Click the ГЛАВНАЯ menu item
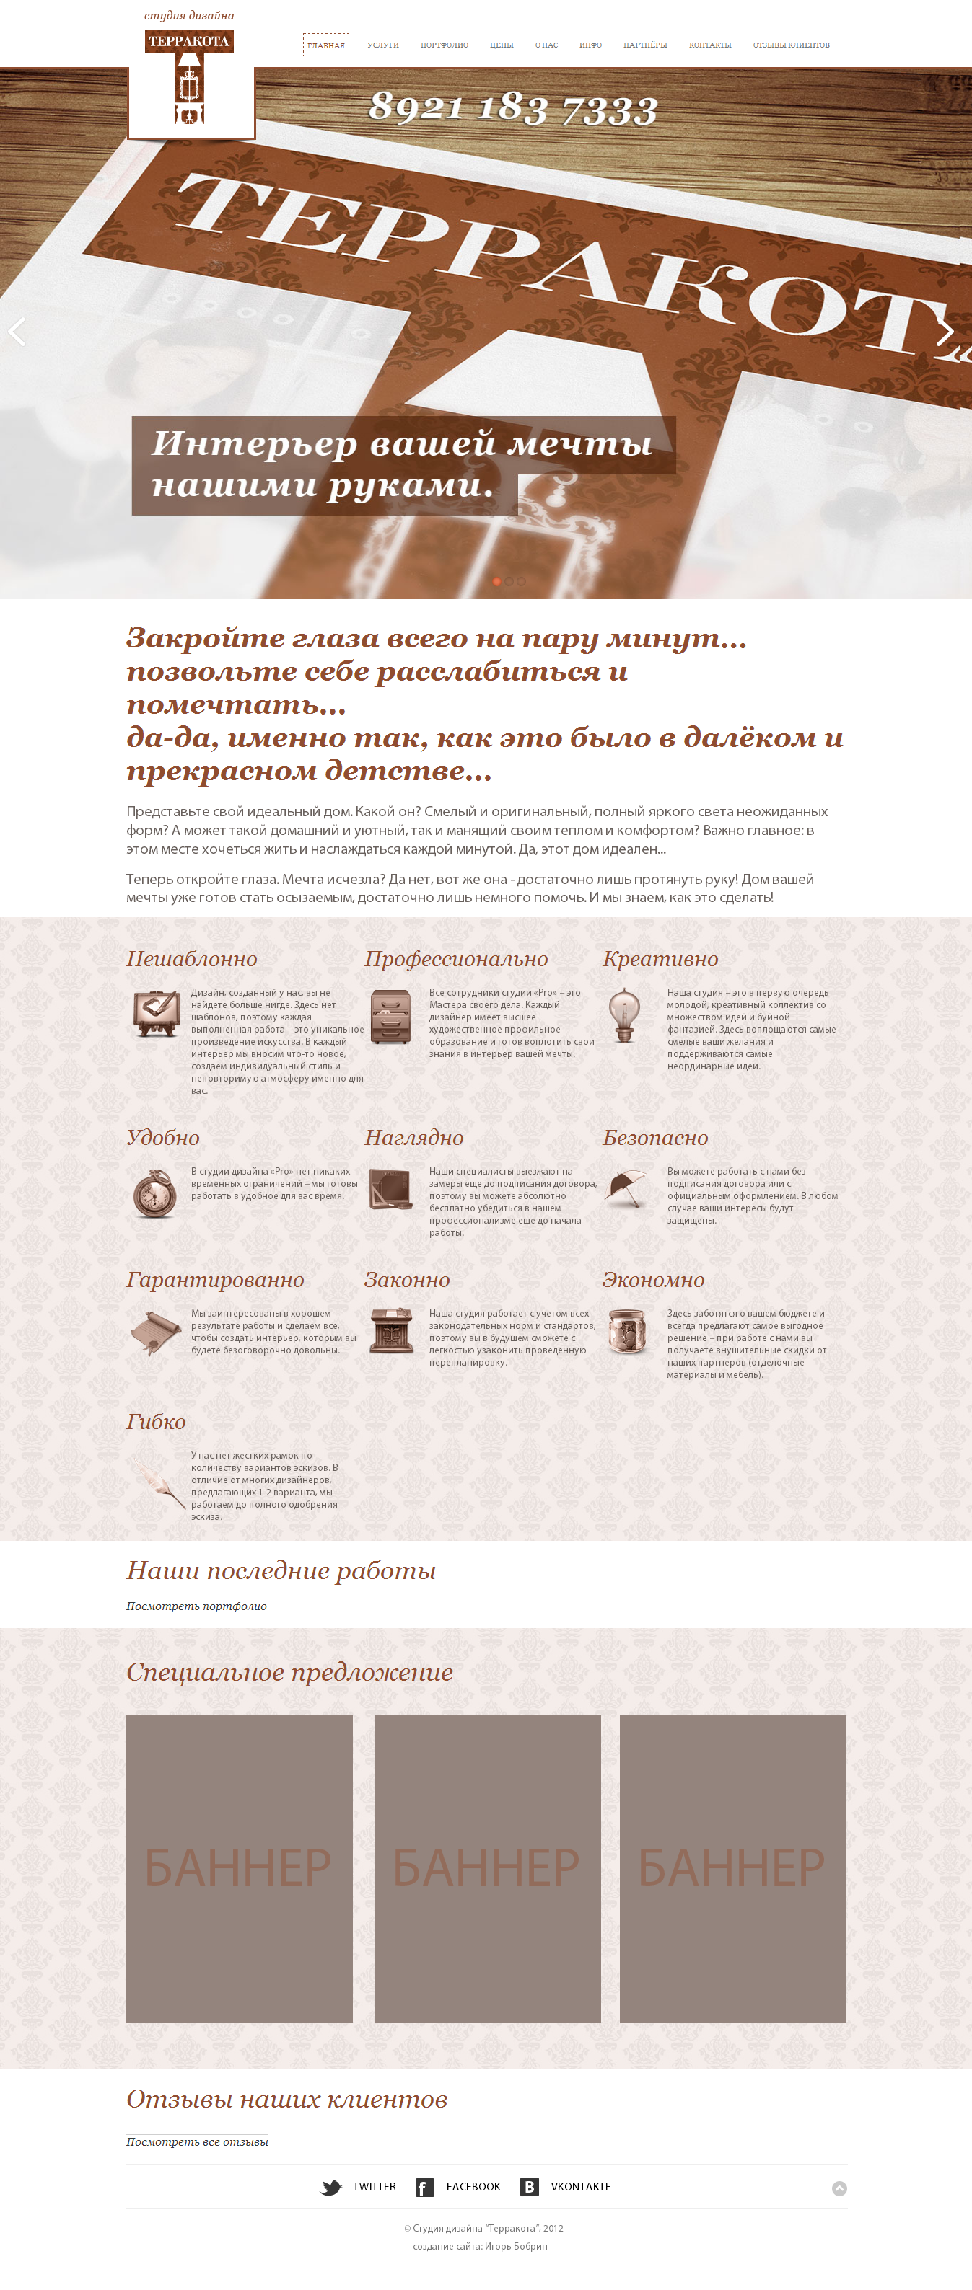pos(325,45)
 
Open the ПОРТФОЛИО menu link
pos(444,45)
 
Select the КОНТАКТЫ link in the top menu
pos(709,45)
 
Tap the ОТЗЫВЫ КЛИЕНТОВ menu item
pos(791,45)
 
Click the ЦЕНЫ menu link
pos(502,45)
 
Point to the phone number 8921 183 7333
pos(513,108)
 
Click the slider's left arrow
pos(17,332)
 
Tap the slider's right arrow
pos(945,332)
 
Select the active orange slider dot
pos(496,581)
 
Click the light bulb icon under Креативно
pos(624,1015)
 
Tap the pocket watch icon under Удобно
pos(154,1193)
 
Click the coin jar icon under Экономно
pos(627,1331)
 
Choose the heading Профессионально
pos(456,958)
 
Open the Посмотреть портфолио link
pos(196,1606)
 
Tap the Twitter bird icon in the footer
pos(330,2188)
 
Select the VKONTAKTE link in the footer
pos(580,2187)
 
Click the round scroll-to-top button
pos(839,2188)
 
